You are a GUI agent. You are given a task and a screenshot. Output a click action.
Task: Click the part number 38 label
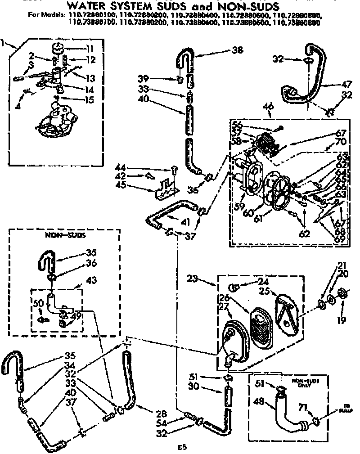click(x=237, y=50)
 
